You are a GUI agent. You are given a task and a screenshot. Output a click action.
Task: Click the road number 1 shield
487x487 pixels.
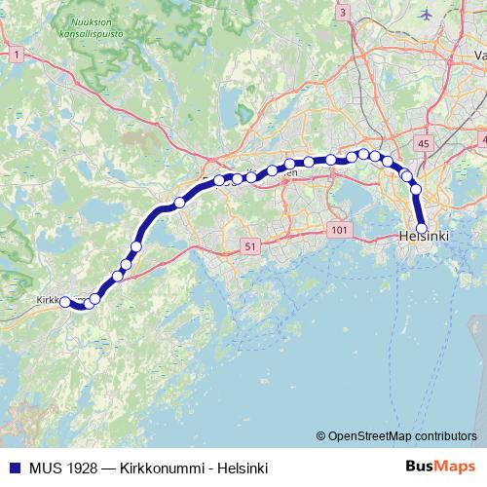point(17,56)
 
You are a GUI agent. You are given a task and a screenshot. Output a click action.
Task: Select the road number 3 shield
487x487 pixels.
point(343,13)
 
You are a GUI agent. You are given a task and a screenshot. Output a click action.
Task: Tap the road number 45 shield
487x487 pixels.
point(422,144)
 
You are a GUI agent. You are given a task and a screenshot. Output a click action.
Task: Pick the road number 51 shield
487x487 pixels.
point(250,247)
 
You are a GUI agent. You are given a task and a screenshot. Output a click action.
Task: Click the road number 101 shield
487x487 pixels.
point(339,230)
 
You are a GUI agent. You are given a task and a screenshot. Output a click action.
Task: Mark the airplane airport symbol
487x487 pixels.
point(426,14)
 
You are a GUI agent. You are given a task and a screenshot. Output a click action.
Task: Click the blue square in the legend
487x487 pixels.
point(14,467)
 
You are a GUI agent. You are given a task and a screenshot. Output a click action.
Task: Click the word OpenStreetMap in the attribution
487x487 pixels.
point(373,436)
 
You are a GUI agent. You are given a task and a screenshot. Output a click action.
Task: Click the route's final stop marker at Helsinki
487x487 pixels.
point(422,230)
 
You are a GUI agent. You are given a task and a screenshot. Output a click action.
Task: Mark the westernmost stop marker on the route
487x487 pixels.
point(66,303)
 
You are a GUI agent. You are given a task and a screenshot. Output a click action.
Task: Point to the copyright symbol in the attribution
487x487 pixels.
point(320,436)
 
